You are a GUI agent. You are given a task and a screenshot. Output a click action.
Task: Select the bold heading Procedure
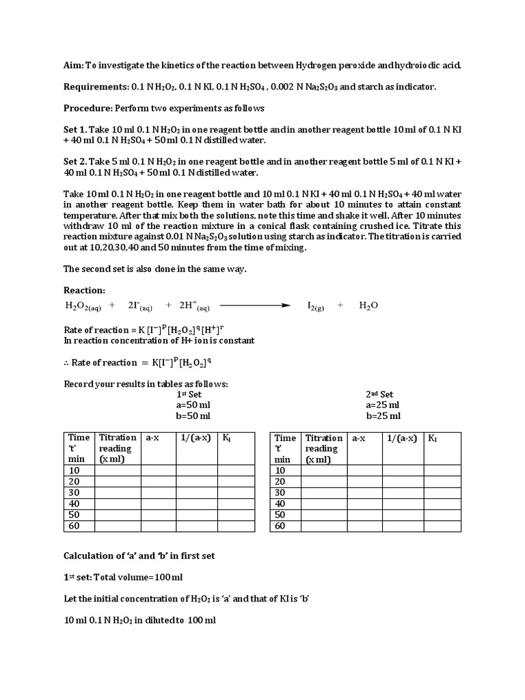tap(87, 109)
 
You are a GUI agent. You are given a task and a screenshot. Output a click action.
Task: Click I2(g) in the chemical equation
tap(315, 306)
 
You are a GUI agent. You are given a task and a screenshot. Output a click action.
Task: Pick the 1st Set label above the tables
tap(189, 394)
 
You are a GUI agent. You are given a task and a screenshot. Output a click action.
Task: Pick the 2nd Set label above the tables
tap(379, 394)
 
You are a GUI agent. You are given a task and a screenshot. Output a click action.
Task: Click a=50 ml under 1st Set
tap(193, 405)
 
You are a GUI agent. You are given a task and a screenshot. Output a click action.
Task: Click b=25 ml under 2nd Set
tap(383, 416)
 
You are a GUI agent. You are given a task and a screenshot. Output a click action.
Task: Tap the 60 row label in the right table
tap(280, 526)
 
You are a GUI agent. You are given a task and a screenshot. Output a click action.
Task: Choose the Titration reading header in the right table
tap(324, 444)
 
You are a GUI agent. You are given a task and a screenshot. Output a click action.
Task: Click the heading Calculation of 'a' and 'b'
tap(139, 556)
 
